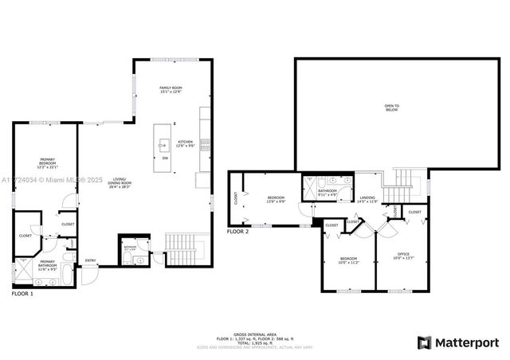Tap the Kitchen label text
185,141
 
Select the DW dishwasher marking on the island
165,158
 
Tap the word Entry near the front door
91,260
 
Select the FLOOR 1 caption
22,294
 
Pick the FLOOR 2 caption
237,232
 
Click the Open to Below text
391,108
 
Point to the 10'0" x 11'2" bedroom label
349,259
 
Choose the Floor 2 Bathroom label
328,191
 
